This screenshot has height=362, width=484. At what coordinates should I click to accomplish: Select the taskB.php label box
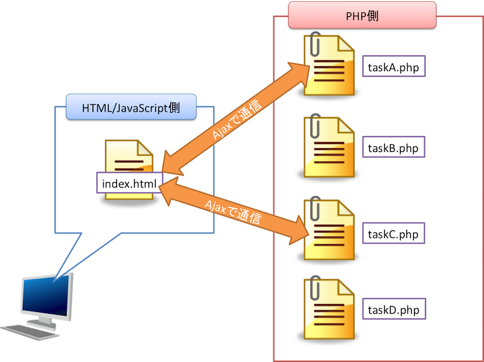click(x=394, y=148)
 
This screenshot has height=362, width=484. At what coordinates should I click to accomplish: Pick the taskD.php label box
click(x=394, y=310)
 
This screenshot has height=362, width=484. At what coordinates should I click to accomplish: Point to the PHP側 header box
click(x=362, y=15)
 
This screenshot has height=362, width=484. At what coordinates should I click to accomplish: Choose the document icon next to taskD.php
click(x=330, y=308)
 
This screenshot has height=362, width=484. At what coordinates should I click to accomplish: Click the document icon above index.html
click(x=129, y=158)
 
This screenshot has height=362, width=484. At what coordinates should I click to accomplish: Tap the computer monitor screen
click(x=45, y=296)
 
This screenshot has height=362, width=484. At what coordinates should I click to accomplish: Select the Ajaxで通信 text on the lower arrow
click(x=233, y=211)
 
